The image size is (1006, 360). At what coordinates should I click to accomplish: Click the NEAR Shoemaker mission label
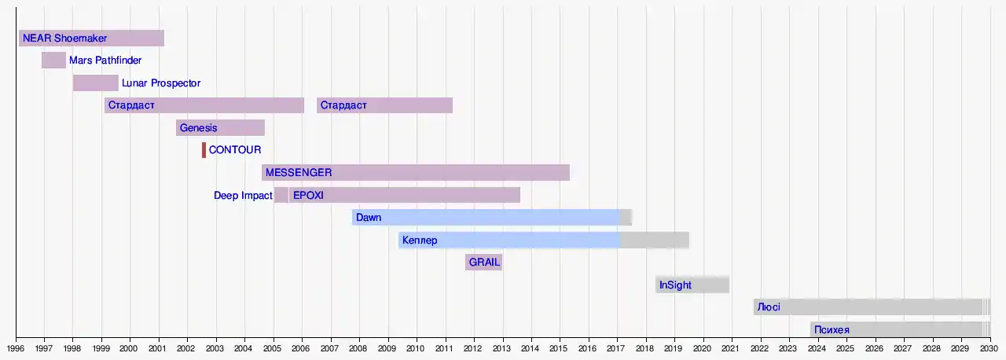(x=64, y=38)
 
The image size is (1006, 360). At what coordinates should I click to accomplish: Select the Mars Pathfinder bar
(x=53, y=61)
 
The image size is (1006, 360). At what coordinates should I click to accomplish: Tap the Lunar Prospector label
(x=161, y=83)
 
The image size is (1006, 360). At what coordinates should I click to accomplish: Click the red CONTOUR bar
(x=204, y=150)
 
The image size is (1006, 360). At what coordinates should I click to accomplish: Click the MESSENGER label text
(x=299, y=173)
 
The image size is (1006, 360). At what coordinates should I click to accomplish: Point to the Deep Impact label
(x=243, y=196)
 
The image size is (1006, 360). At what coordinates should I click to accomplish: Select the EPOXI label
(x=308, y=196)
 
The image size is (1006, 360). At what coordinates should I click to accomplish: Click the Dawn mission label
(x=369, y=218)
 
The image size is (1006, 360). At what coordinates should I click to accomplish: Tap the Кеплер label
(x=419, y=241)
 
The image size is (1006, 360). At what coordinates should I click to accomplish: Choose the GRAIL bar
(x=483, y=263)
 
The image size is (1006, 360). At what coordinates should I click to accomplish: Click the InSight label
(x=675, y=285)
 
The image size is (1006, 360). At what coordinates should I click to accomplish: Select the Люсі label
(x=768, y=307)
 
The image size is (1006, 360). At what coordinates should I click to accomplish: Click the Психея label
(x=832, y=330)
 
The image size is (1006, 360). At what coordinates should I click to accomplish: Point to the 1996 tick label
(x=17, y=348)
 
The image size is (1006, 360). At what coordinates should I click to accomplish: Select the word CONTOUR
(x=235, y=150)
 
